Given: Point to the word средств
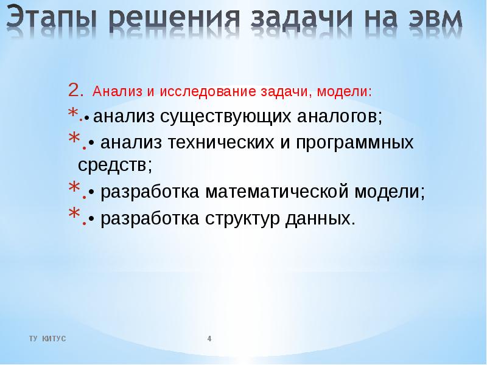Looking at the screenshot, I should [115, 164].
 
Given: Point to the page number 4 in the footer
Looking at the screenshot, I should [209, 338].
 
